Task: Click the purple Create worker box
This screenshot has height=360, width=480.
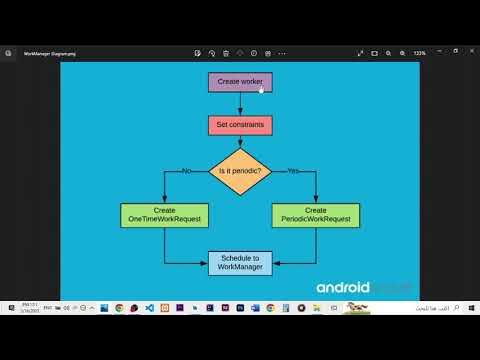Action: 239,82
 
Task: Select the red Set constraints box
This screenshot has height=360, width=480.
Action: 239,125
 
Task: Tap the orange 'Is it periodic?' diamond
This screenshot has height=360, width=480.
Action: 239,171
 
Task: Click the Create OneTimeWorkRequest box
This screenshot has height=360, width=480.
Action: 163,215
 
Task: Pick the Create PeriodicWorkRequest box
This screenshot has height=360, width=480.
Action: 315,215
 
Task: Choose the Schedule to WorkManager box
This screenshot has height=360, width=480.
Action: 239,263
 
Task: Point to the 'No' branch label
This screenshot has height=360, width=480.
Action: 186,171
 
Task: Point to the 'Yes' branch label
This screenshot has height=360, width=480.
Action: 292,171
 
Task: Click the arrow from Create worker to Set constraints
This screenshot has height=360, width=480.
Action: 240,103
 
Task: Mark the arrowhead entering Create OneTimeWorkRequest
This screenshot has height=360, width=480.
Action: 164,200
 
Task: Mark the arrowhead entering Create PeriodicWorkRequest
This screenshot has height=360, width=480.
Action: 316,200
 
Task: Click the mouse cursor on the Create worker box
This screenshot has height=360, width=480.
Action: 262,89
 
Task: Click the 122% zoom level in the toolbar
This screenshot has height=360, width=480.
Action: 420,52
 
